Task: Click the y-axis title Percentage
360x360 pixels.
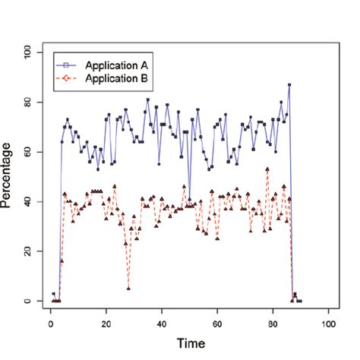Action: pos(8,177)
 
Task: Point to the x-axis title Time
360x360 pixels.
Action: pos(190,343)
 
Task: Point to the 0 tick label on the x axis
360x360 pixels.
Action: pos(50,321)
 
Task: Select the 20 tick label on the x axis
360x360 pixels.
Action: pos(106,321)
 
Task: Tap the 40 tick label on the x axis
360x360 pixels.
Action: pos(162,321)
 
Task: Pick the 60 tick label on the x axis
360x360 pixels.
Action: pos(217,321)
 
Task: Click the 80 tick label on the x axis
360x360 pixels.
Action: pos(273,321)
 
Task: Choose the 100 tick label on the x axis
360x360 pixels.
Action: pos(328,321)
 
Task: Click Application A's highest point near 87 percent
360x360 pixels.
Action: pos(289,84)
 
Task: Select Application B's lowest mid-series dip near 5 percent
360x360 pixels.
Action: pos(128,289)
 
